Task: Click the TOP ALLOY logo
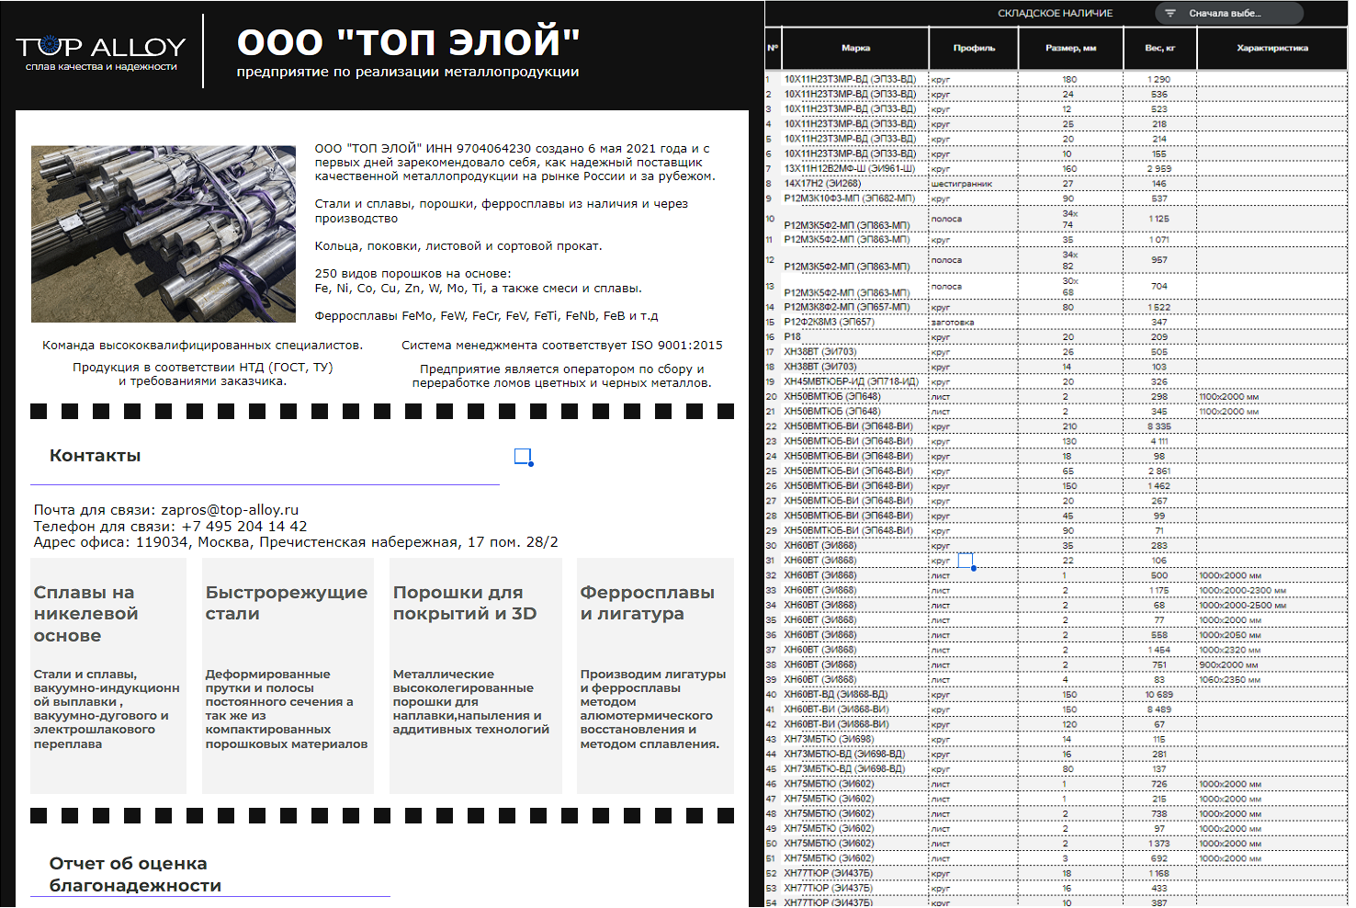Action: [101, 51]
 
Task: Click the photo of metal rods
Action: [164, 233]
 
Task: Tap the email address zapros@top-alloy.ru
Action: [230, 510]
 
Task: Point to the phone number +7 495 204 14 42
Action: [244, 527]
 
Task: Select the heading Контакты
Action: [96, 456]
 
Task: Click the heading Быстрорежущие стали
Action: [286, 603]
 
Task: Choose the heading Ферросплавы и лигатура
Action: [647, 603]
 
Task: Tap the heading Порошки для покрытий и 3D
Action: [464, 603]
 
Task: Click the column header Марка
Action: [855, 48]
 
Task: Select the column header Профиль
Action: [974, 48]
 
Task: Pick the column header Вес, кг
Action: [1159, 48]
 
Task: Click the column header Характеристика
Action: [1272, 48]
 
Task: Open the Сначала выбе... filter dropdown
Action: [1228, 14]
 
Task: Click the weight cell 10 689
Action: [1159, 695]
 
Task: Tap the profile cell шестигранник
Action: [962, 184]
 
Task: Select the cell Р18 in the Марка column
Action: [793, 337]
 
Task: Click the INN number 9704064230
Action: [494, 148]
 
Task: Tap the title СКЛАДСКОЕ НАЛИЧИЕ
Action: [1055, 14]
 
